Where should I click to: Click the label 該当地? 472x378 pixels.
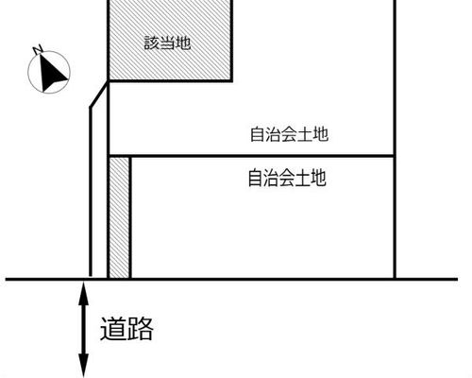(167, 43)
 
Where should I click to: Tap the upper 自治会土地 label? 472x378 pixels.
(289, 134)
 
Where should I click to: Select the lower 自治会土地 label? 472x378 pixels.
(287, 178)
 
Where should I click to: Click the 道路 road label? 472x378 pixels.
(126, 329)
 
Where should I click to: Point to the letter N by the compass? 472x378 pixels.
(38, 50)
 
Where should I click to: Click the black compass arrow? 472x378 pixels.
(51, 73)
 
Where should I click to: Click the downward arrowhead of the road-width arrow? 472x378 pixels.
(83, 366)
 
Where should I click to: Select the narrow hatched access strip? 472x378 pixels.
(119, 218)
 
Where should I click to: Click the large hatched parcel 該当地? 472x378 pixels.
(170, 40)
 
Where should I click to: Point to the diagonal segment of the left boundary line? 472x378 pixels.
(99, 94)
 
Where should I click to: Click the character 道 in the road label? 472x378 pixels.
(112, 329)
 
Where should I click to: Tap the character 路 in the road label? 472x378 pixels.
(141, 329)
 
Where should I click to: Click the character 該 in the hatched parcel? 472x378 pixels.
(152, 43)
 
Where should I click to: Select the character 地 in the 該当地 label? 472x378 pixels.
(183, 43)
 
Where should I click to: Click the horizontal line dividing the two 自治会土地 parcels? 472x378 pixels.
(251, 156)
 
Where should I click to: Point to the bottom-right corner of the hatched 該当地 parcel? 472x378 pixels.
(232, 81)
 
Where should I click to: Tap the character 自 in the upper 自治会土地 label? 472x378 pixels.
(258, 134)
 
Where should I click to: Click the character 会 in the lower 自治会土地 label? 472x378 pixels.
(287, 178)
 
